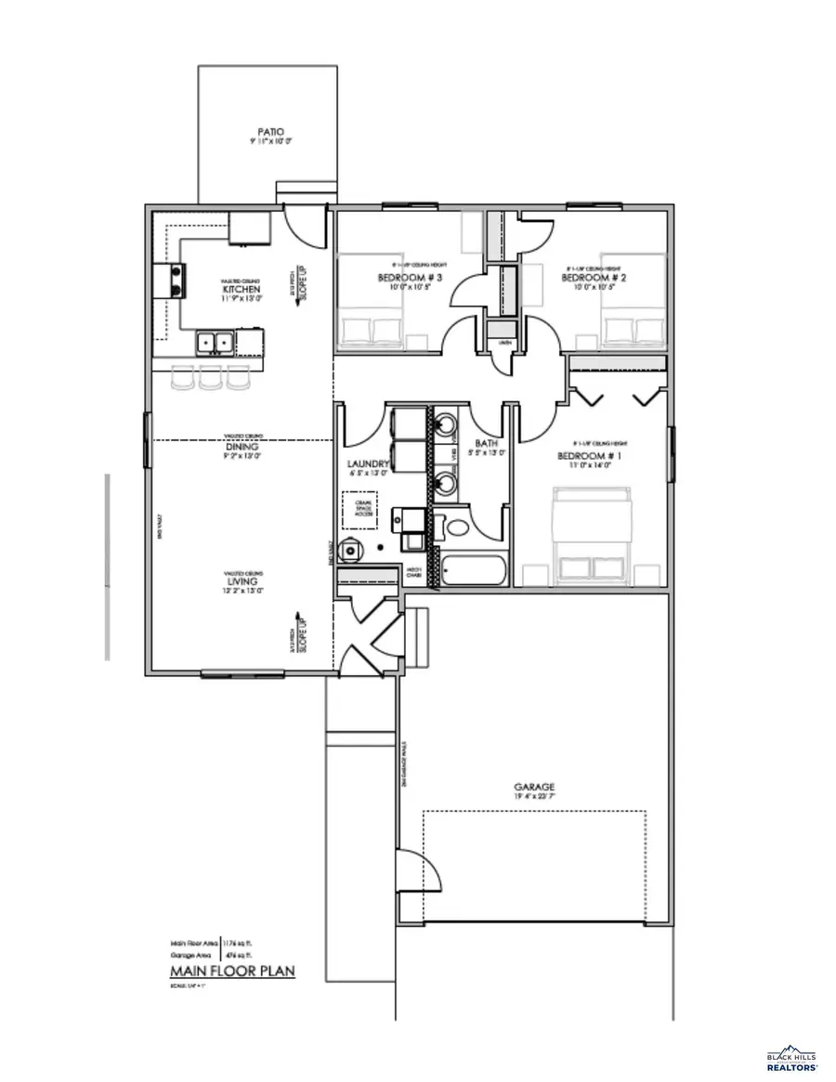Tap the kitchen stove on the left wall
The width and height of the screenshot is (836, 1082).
pyautogui.click(x=172, y=280)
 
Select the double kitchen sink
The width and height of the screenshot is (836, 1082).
pyautogui.click(x=215, y=343)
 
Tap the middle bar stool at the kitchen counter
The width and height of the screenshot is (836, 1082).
pyautogui.click(x=211, y=375)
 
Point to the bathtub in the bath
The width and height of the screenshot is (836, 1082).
pyautogui.click(x=473, y=568)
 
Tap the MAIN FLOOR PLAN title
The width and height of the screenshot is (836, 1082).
pyautogui.click(x=231, y=971)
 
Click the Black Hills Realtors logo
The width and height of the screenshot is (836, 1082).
pyautogui.click(x=791, y=1060)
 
